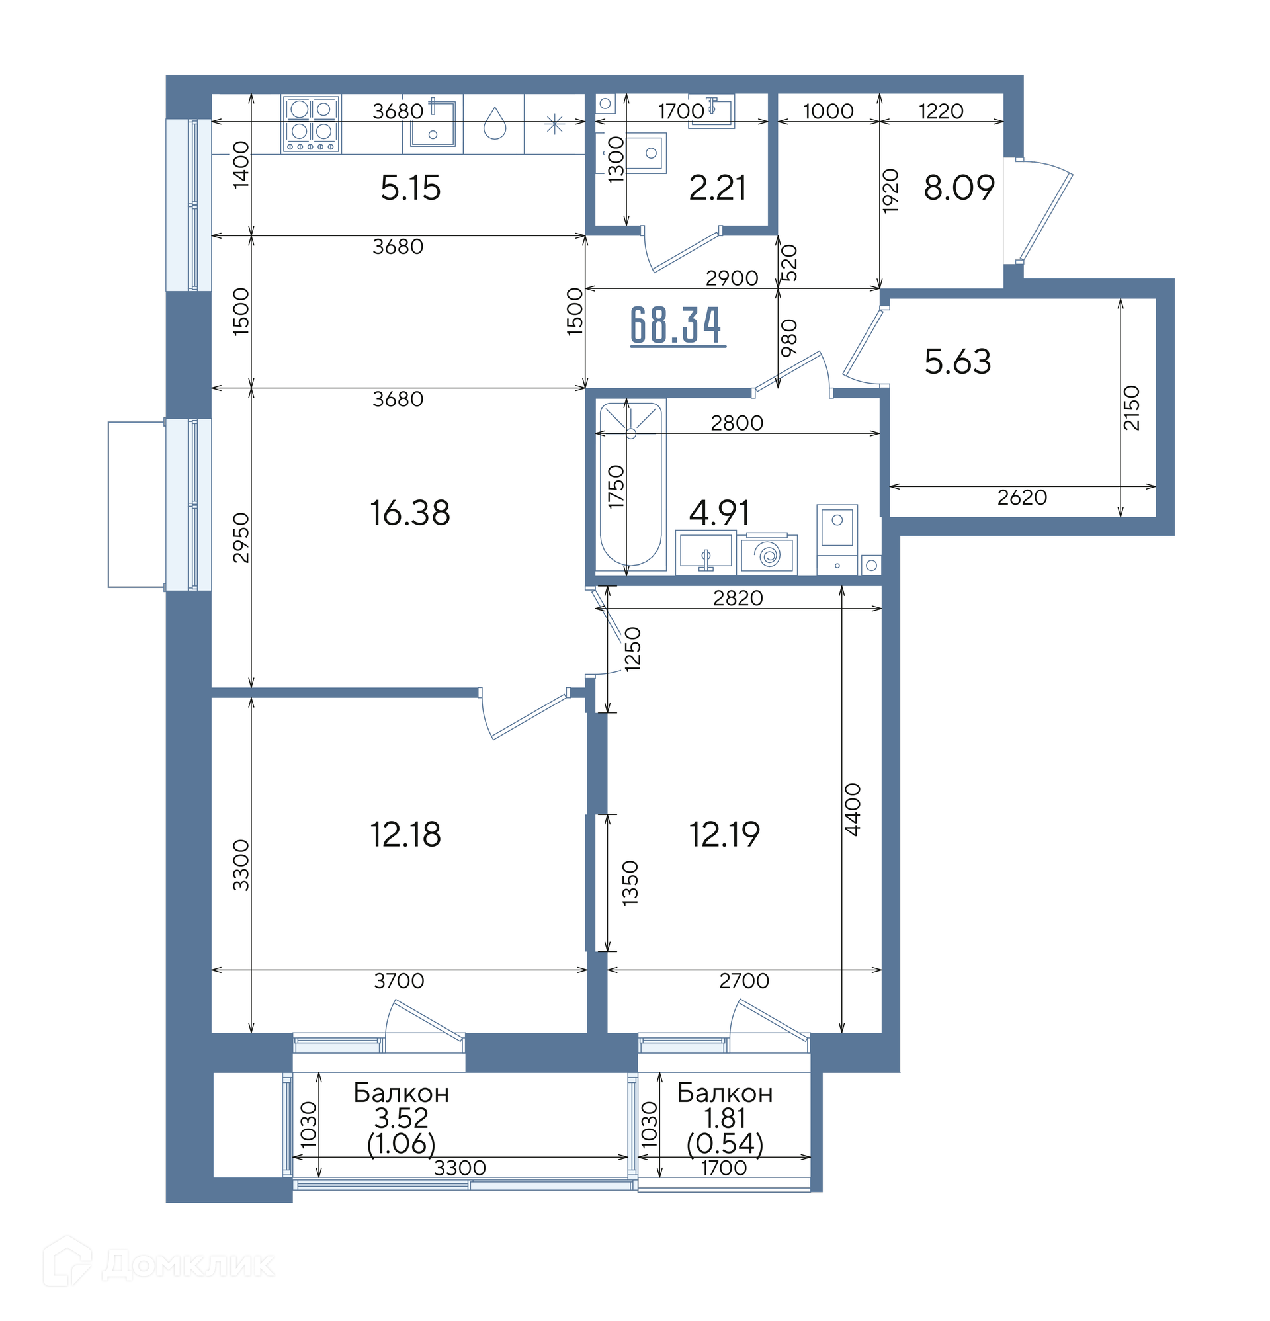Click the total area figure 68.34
click(677, 325)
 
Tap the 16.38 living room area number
click(410, 513)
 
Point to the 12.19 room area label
click(724, 834)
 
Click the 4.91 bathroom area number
click(719, 513)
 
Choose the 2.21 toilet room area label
click(717, 188)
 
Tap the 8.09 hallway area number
click(958, 187)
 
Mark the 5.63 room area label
click(957, 362)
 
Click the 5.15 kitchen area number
click(411, 188)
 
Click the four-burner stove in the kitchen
click(311, 124)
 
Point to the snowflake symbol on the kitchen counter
click(554, 124)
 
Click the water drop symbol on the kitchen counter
click(495, 122)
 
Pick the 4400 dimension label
click(853, 810)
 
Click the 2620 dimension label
click(1022, 497)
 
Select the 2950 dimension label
click(241, 538)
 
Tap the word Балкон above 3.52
click(401, 1093)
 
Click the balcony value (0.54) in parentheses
click(725, 1144)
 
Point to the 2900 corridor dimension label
click(732, 278)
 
